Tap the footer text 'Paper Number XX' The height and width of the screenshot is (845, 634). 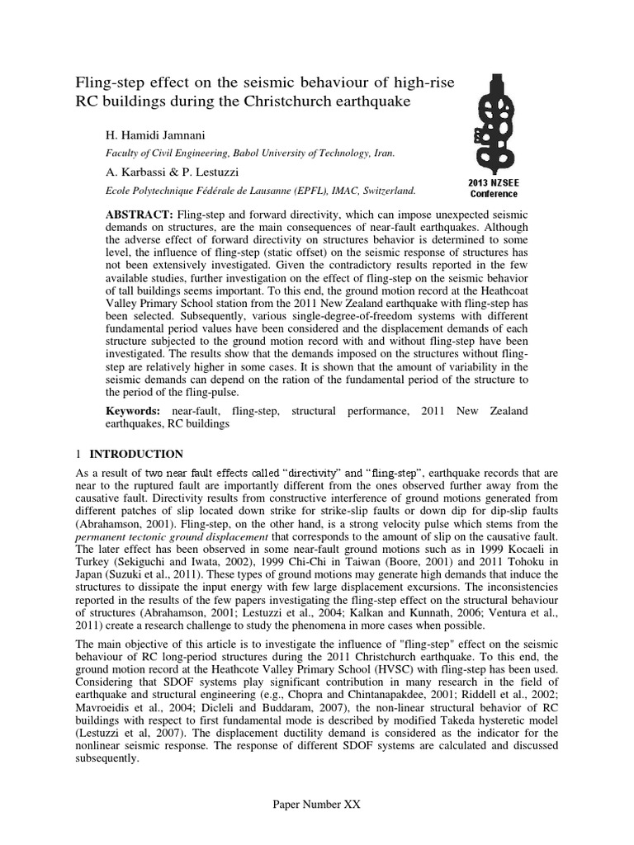point(317,804)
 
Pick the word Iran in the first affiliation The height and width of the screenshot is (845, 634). point(386,153)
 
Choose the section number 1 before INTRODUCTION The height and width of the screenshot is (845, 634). point(78,454)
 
